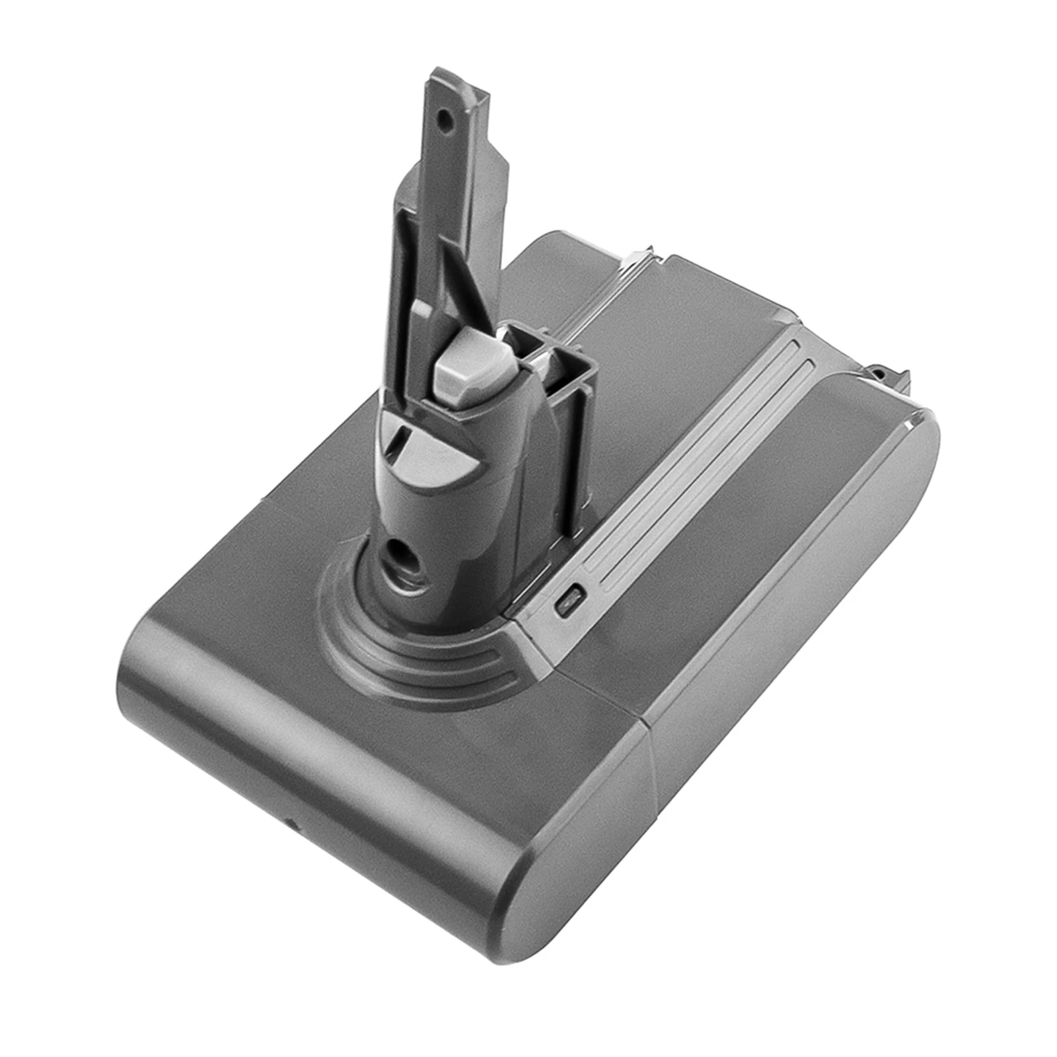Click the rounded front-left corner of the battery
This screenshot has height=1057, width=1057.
(142, 654)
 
